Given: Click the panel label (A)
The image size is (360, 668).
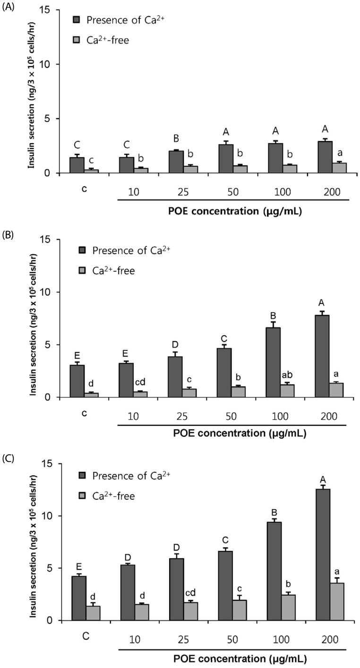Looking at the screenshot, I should coord(9,7).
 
